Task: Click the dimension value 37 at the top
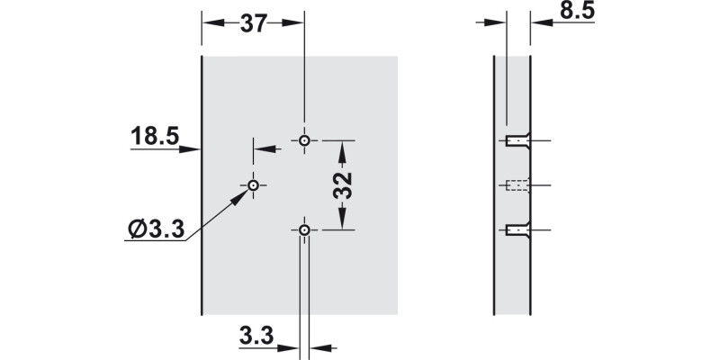tap(254, 23)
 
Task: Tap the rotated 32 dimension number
tap(343, 185)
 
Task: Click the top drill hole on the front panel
tap(305, 140)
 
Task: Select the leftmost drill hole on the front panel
tap(254, 184)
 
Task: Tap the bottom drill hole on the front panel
tap(305, 230)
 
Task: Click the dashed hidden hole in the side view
tap(517, 186)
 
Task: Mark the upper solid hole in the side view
tap(517, 141)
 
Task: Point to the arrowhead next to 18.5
tap(193, 149)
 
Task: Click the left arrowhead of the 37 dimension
tap(208, 23)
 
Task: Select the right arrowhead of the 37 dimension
tap(299, 23)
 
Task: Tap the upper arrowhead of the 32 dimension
tap(342, 148)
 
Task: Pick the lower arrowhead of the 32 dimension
tap(342, 224)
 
